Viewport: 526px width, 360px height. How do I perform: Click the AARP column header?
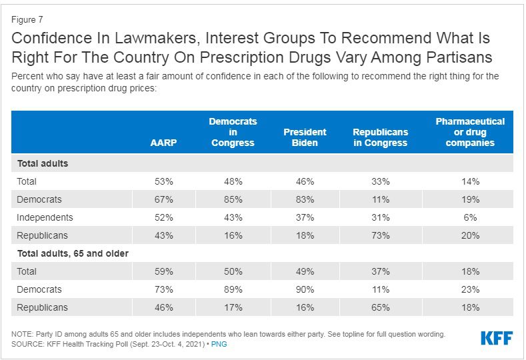[163, 143]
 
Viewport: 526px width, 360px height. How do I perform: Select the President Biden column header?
[305, 137]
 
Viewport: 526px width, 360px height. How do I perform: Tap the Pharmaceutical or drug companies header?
[470, 132]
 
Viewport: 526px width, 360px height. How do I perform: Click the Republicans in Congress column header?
[381, 137]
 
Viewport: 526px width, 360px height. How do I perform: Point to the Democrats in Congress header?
[233, 132]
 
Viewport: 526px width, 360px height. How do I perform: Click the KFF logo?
[497, 338]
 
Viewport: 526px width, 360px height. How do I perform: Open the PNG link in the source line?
[219, 344]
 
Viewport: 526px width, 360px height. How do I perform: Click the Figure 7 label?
[27, 20]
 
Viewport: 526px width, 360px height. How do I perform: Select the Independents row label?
[45, 217]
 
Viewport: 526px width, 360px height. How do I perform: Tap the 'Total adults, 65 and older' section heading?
[73, 253]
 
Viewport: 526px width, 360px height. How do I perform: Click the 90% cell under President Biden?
[305, 289]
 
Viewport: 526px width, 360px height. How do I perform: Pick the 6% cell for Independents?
[470, 217]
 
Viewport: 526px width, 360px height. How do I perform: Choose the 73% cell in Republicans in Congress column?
[381, 235]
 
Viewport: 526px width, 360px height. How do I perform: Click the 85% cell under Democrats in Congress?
[233, 199]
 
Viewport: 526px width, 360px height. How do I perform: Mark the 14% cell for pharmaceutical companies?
[470, 181]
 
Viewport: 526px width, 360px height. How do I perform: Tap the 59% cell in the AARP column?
[164, 271]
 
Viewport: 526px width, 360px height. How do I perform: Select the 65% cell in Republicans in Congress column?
[381, 307]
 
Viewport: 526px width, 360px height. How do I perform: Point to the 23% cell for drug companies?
[470, 289]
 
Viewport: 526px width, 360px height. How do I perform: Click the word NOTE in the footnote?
[22, 334]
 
